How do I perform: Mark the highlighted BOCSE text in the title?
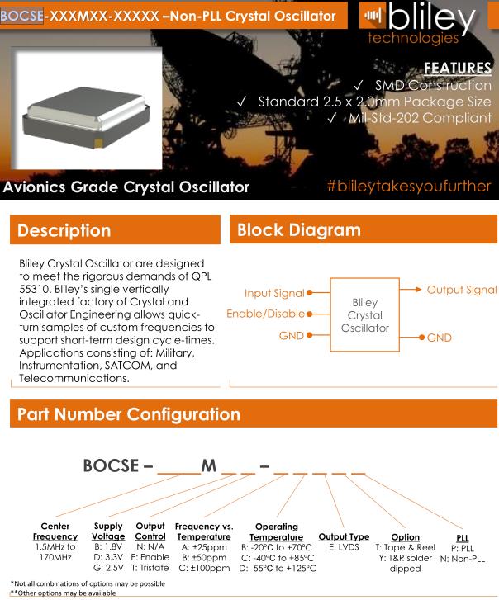[x=22, y=14]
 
